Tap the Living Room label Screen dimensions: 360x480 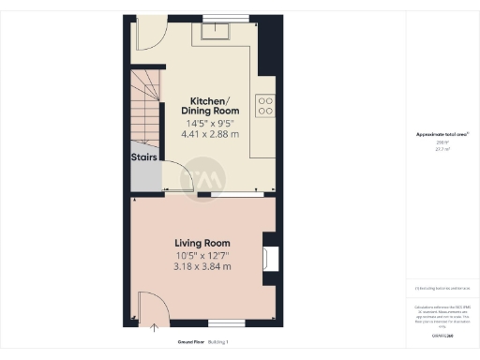(202, 244)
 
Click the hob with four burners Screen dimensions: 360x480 (265, 106)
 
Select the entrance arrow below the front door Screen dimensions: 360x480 (156, 327)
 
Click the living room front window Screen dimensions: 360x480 (226, 322)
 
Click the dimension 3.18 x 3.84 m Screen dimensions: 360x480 (202, 267)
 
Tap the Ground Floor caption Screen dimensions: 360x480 (191, 343)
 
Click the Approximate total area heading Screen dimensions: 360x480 (442, 135)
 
